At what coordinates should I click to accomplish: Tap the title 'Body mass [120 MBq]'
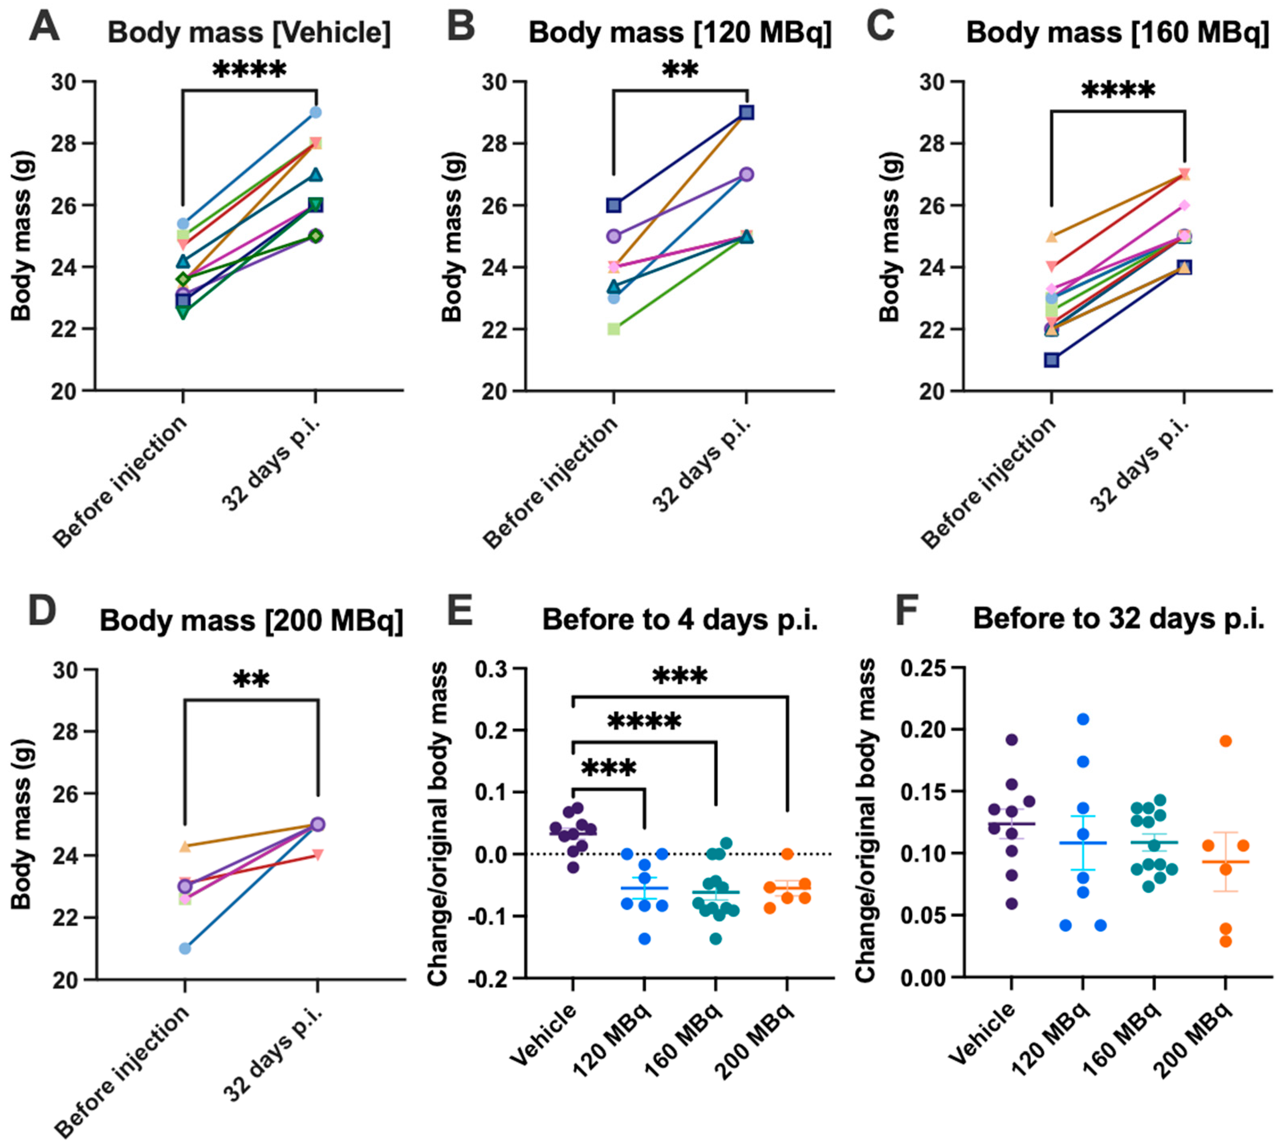(679, 33)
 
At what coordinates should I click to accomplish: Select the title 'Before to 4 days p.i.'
(680, 620)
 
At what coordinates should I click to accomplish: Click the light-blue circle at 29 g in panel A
(315, 113)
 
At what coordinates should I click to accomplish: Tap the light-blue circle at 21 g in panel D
(185, 948)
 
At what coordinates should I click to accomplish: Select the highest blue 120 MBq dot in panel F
(1083, 719)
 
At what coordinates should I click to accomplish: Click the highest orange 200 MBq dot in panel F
(1226, 741)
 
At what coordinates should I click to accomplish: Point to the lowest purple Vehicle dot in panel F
(1011, 903)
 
